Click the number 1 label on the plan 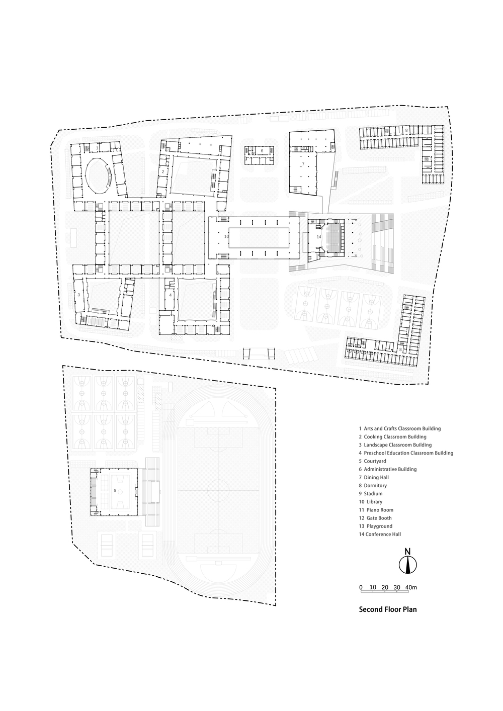click(97, 148)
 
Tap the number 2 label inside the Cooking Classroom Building click(163, 171)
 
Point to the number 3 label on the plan click(79, 295)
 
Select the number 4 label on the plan click(171, 295)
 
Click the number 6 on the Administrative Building click(262, 151)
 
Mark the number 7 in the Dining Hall click(303, 164)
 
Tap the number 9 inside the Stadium click(115, 490)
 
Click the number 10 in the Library click(226, 236)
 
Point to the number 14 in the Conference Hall click(319, 237)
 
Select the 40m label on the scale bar click(411, 587)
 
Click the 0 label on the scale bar click(361, 587)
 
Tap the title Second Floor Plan click(388, 609)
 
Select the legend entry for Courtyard click(373, 461)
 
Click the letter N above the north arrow click(408, 552)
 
